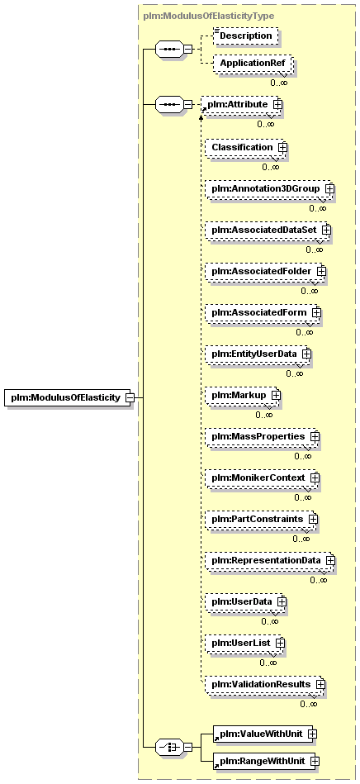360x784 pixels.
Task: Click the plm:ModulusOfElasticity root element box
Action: [x=68, y=398]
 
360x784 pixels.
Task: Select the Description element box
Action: [x=245, y=36]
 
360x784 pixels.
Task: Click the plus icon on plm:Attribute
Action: [x=277, y=104]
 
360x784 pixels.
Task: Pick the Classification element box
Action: [x=244, y=148]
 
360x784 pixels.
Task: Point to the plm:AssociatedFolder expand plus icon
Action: [x=321, y=270]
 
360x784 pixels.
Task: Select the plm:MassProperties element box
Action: [x=263, y=436]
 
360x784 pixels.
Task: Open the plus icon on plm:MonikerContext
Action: [x=315, y=478]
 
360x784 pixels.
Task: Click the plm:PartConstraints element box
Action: [x=262, y=519]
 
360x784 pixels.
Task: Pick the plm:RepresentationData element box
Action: [x=270, y=560]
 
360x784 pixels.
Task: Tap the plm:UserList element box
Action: [x=245, y=642]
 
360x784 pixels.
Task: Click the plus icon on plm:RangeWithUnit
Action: [x=315, y=761]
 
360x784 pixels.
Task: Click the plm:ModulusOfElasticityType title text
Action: [x=209, y=16]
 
